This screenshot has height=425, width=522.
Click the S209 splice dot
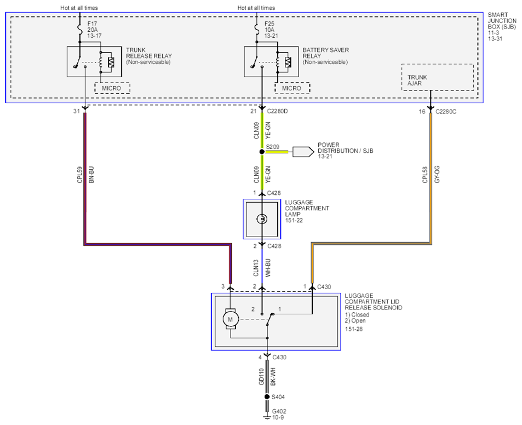[262, 152]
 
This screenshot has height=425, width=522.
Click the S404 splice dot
[267, 397]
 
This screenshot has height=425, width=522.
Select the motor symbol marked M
[231, 319]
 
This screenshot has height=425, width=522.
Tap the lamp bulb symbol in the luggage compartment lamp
[262, 219]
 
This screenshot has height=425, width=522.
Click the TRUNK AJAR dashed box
[438, 77]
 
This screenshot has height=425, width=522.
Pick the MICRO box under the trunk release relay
[112, 88]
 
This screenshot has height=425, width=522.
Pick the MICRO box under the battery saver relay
[292, 88]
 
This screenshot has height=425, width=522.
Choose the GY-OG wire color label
[437, 174]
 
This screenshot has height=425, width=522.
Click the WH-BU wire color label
[268, 268]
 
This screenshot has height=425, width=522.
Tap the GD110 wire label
[261, 377]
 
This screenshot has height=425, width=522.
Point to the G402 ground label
[279, 411]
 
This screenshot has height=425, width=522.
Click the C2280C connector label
[446, 112]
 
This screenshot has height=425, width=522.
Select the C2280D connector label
[277, 111]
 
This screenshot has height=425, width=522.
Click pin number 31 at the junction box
[77, 111]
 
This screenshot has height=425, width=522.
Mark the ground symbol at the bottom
[267, 417]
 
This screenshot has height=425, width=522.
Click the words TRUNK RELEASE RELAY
[149, 53]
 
